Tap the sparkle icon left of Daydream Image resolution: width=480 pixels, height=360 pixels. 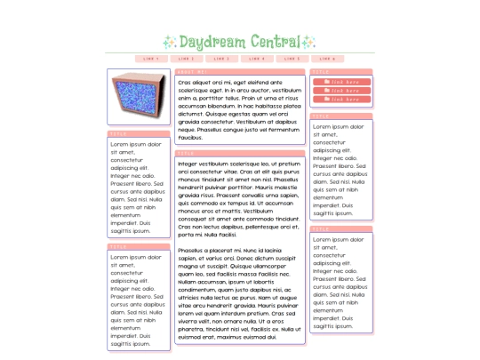(x=169, y=42)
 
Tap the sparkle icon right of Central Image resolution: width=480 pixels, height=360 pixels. (x=308, y=42)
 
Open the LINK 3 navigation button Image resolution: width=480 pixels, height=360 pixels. (x=221, y=59)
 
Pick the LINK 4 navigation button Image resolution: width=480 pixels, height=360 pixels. (x=257, y=59)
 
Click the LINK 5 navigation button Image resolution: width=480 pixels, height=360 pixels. (x=292, y=59)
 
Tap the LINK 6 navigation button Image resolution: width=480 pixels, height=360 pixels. (x=328, y=59)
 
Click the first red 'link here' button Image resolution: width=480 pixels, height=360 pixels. (x=341, y=83)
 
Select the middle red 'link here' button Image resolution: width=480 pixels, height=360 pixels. (x=341, y=92)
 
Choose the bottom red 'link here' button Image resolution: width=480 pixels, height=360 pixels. (x=341, y=100)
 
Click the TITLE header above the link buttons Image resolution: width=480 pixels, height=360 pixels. (x=341, y=72)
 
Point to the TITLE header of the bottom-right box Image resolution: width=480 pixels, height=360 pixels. (x=341, y=229)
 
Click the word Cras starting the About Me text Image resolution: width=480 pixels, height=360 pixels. (x=185, y=82)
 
